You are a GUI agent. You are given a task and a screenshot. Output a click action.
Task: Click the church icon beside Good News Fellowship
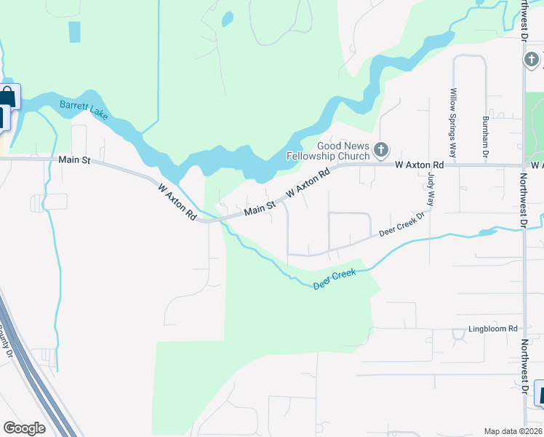[381, 151]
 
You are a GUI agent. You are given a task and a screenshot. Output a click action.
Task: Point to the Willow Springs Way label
[453, 123]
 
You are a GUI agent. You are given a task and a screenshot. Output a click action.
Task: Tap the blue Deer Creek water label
[335, 280]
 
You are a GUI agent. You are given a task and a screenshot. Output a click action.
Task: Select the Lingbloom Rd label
[492, 329]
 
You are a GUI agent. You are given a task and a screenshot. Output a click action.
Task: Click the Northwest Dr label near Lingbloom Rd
[524, 368]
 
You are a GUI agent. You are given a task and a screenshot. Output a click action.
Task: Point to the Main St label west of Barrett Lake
[74, 160]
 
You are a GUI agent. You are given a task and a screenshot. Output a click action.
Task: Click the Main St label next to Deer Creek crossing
[260, 209]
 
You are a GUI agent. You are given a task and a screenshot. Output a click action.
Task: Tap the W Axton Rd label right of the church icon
[419, 166]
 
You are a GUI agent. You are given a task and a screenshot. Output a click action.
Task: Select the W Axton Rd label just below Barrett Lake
[177, 202]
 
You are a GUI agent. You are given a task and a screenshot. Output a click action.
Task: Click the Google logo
[24, 428]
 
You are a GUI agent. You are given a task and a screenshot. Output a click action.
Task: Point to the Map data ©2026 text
[513, 431]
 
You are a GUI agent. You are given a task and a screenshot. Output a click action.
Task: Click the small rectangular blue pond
[74, 32]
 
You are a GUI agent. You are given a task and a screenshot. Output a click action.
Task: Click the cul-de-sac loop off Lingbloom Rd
[458, 335]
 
